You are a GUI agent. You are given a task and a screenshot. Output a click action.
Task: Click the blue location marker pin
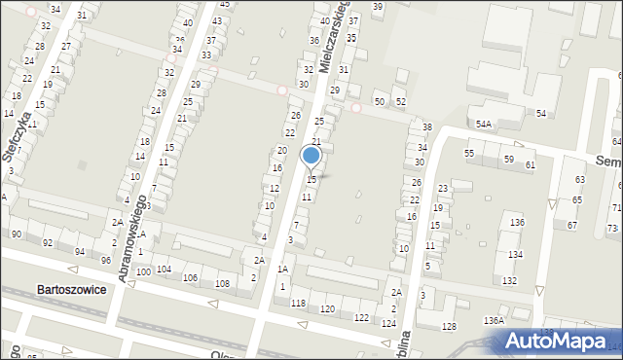click(x=311, y=156)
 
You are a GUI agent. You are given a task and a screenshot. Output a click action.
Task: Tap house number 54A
click(x=484, y=125)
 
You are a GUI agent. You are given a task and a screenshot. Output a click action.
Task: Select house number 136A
click(x=495, y=320)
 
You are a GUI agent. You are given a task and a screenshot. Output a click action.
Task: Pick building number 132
click(x=509, y=280)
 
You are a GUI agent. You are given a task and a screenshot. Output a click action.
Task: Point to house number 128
click(x=448, y=327)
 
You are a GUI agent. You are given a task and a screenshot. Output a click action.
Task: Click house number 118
click(x=298, y=304)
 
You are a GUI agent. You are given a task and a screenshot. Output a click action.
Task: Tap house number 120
click(x=328, y=308)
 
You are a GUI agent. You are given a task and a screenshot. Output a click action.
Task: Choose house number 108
click(x=222, y=283)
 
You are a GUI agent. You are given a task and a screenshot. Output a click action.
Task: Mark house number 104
click(x=164, y=269)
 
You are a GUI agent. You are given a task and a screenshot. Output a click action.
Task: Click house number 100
click(x=143, y=271)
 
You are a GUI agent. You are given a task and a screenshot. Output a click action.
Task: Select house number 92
click(x=49, y=242)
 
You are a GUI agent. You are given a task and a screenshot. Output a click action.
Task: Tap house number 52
click(x=400, y=102)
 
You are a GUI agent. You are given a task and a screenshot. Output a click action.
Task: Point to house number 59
click(x=508, y=160)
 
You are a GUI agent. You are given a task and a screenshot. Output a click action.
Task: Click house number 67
click(x=572, y=226)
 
